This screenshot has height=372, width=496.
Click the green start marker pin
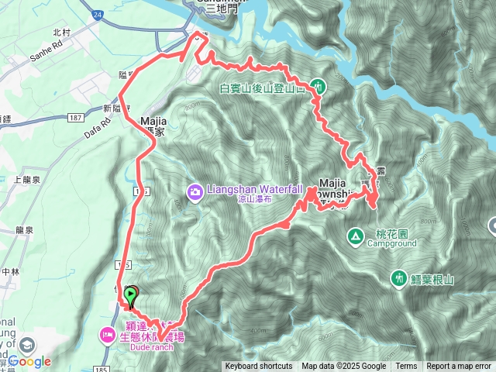click(132, 294)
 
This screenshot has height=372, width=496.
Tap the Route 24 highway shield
click(96, 15)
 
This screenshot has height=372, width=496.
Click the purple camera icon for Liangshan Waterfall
click(195, 190)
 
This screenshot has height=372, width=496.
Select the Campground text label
click(392, 243)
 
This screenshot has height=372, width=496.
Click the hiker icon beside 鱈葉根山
click(400, 277)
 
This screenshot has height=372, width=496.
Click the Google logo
click(29, 361)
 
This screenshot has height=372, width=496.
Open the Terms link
click(406, 367)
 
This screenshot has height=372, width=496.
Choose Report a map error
click(460, 367)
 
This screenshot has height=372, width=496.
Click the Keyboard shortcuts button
click(259, 367)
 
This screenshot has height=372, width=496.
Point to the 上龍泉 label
click(26, 180)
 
